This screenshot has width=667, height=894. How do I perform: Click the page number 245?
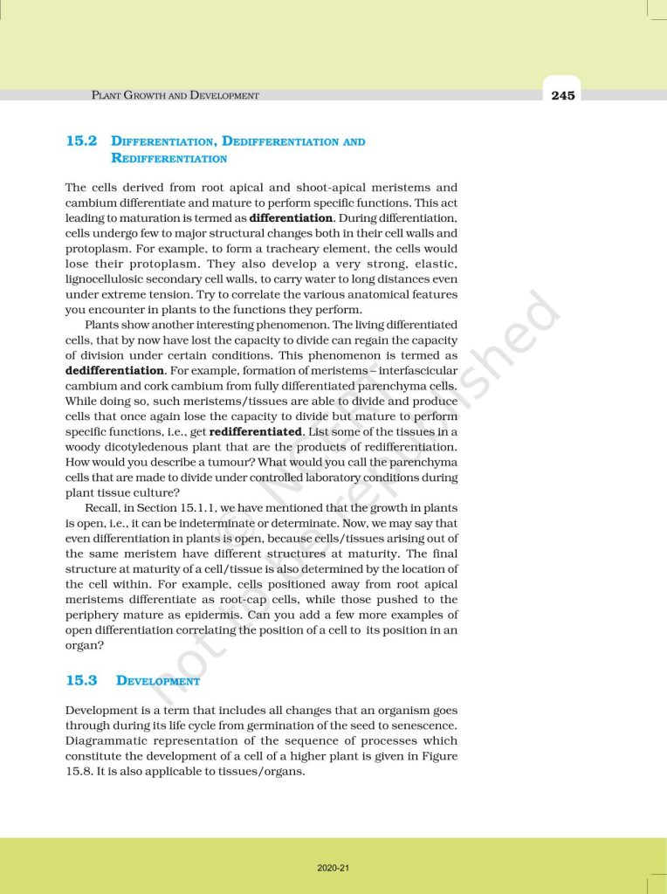point(563,96)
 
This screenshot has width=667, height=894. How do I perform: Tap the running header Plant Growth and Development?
point(175,96)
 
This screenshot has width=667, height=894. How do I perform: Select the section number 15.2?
point(80,141)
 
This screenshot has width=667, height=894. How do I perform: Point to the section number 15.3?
point(80,680)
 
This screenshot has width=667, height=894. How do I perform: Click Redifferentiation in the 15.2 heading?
point(169,158)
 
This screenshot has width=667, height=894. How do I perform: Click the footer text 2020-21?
point(333,867)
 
